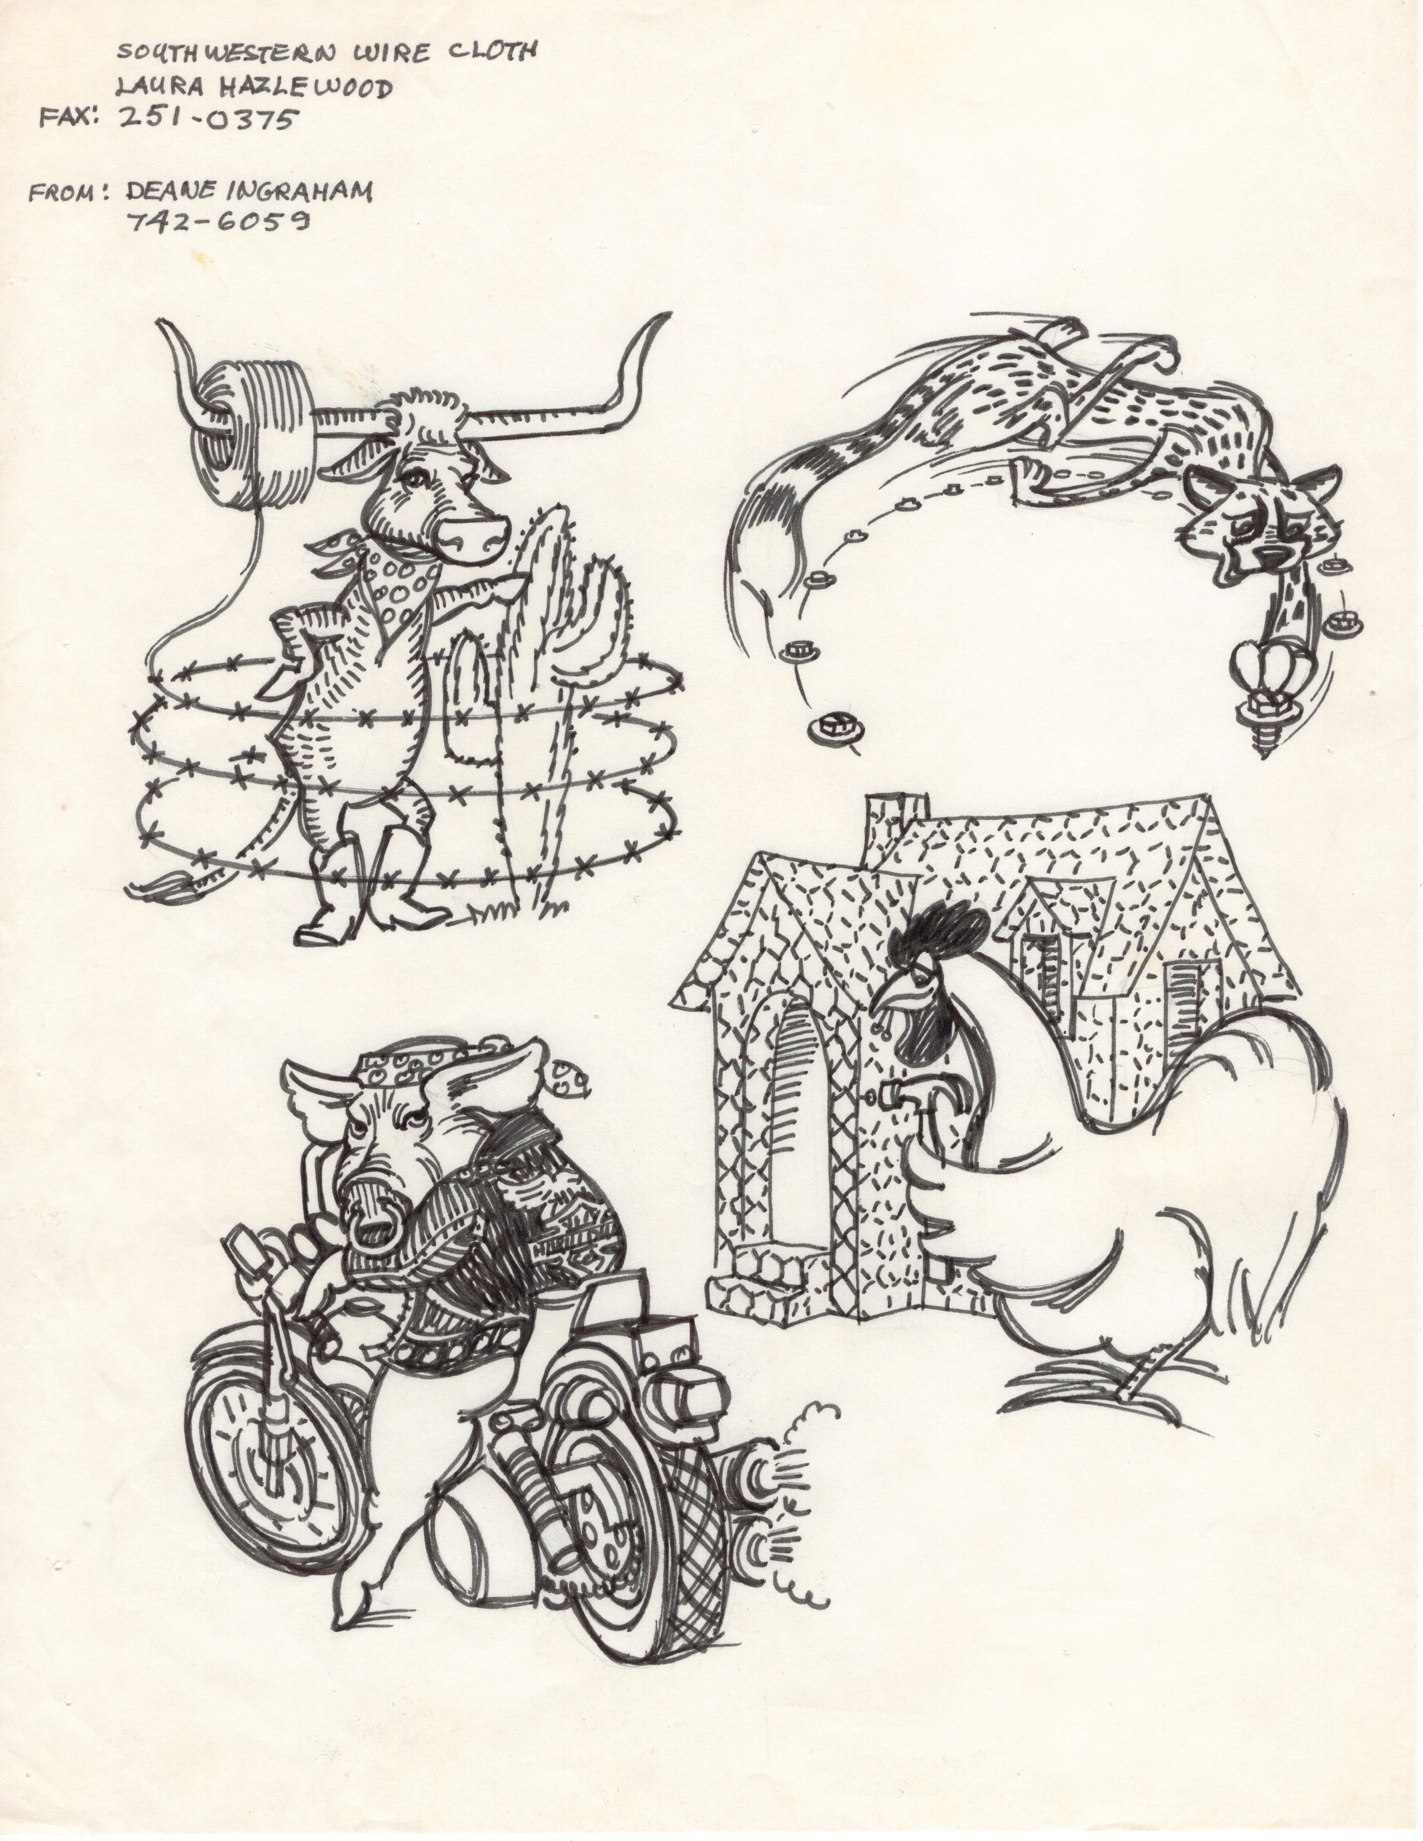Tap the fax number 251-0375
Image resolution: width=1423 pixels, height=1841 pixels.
coord(208,120)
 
